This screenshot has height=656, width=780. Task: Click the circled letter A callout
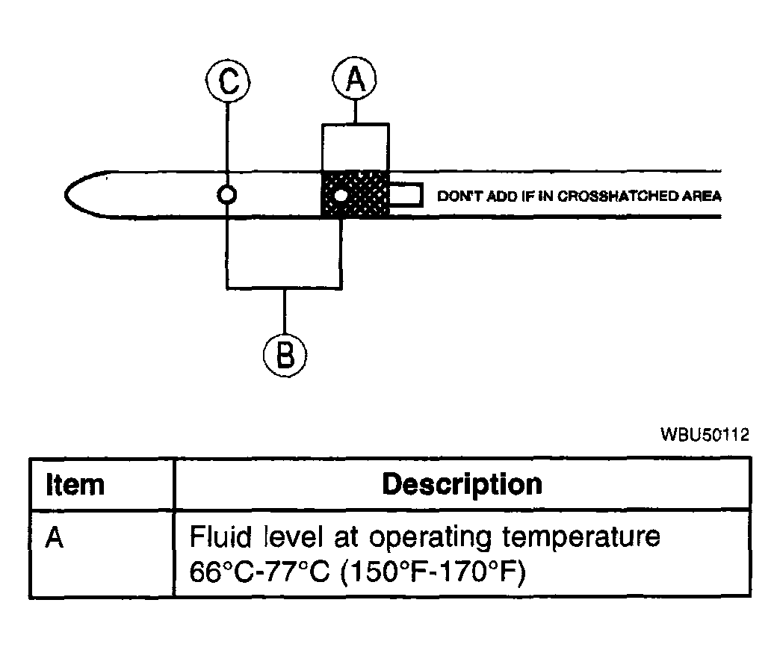tap(355, 78)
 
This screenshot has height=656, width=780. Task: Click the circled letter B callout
tap(285, 355)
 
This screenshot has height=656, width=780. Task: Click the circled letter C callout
tap(228, 80)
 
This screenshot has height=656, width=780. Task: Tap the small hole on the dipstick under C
tap(227, 194)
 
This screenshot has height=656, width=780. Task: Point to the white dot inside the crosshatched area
tap(341, 196)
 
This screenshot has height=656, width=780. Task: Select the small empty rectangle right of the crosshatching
tap(406, 194)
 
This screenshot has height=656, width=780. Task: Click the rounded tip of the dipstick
tap(66, 194)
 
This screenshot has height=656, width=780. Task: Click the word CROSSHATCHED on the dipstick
tap(618, 196)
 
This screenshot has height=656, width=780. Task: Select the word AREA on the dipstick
tap(702, 196)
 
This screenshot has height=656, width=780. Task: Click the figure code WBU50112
tap(705, 435)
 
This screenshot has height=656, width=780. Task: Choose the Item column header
tap(75, 484)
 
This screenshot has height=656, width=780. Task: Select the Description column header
tap(462, 485)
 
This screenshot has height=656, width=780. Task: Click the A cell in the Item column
tap(55, 538)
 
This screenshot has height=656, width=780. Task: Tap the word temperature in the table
tap(581, 538)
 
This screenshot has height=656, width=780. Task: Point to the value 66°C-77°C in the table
tap(260, 572)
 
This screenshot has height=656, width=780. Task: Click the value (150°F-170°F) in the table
tap(433, 572)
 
